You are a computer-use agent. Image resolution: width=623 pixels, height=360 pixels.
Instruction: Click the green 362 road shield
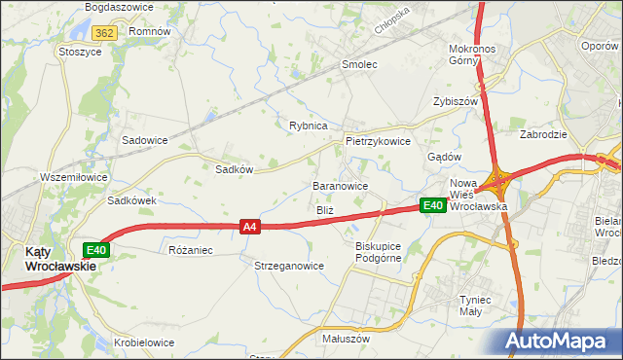(x=106, y=32)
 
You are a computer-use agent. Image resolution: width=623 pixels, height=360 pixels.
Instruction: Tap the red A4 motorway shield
(x=250, y=227)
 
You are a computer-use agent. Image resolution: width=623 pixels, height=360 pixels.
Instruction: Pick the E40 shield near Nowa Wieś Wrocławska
(x=433, y=205)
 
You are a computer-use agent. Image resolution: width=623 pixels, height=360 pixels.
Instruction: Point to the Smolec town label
(x=358, y=64)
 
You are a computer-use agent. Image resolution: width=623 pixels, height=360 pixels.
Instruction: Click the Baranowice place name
(x=340, y=185)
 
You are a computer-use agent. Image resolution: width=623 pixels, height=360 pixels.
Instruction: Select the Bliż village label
(x=325, y=210)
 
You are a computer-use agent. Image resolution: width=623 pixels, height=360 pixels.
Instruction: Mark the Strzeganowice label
(x=289, y=266)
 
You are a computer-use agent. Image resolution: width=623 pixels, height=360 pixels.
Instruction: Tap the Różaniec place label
(x=190, y=250)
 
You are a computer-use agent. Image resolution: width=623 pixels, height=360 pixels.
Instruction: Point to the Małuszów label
(x=346, y=340)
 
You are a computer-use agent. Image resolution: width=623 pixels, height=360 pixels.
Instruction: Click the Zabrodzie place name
(x=543, y=135)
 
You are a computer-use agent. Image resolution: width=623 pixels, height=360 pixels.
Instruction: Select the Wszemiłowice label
(x=73, y=177)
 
